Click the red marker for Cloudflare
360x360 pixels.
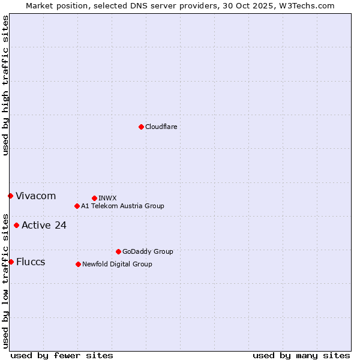[141, 127]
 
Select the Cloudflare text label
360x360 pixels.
[161, 127]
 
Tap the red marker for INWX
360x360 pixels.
[94, 198]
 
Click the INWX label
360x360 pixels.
[107, 198]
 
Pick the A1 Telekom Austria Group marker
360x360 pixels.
[77, 206]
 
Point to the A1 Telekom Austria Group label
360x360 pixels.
[122, 206]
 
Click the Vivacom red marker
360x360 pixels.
[10, 196]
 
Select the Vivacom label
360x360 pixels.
[35, 196]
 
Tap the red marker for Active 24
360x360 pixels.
[16, 225]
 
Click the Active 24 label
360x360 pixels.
[44, 225]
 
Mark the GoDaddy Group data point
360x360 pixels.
[118, 251]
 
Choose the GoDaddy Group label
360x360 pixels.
[148, 251]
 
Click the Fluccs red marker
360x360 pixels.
[11, 262]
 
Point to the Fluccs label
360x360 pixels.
[31, 262]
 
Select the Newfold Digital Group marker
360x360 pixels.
[78, 264]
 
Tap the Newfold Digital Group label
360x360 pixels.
[117, 264]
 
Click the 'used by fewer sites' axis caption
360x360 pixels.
[62, 355]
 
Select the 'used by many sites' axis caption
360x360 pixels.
[301, 355]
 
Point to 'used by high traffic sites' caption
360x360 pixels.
[5, 85]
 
